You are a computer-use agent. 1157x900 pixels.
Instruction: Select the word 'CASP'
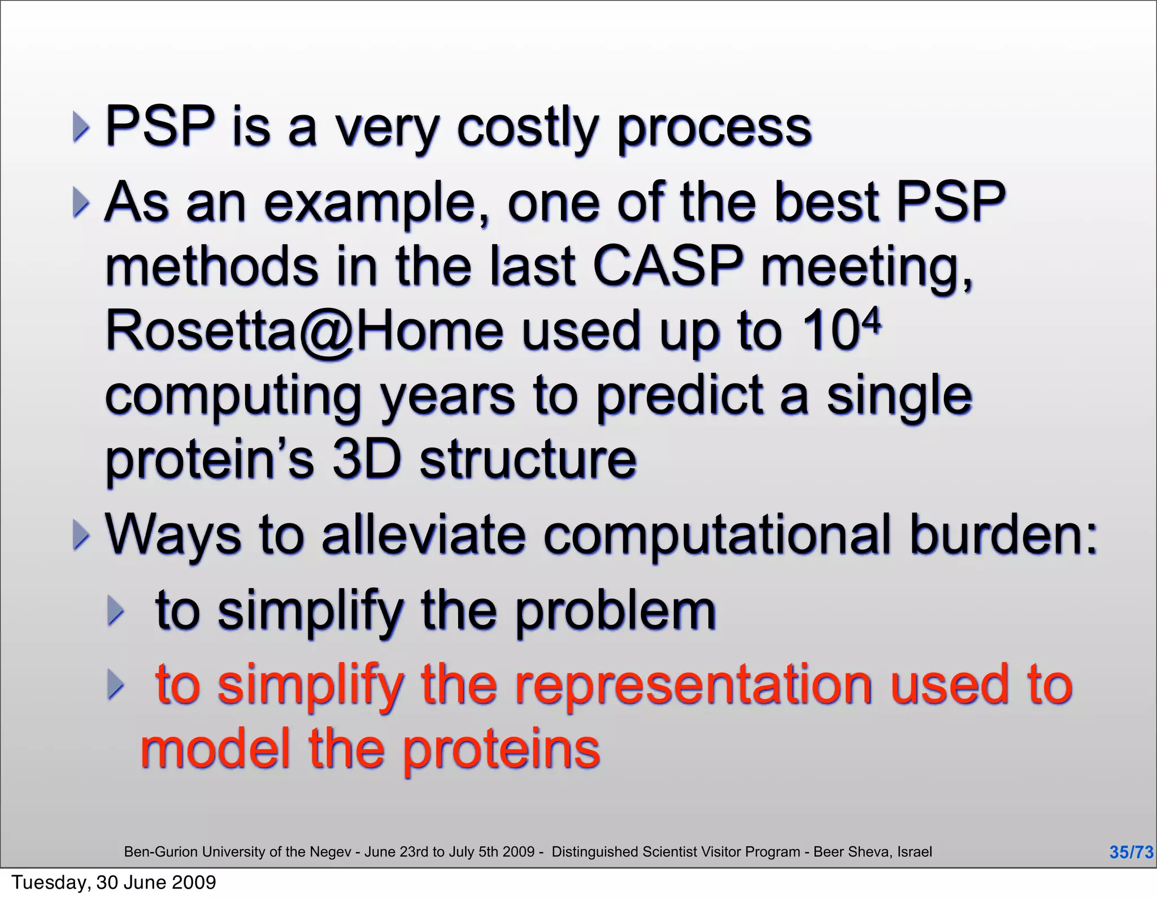[x=667, y=266]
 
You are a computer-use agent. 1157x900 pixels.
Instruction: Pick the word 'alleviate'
[x=423, y=534]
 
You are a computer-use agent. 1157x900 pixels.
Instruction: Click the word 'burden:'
[x=1003, y=534]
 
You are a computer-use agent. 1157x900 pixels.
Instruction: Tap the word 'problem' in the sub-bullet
[x=615, y=611]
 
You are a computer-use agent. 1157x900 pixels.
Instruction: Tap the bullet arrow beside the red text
[x=115, y=685]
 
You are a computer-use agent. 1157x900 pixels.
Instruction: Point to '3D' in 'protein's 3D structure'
[x=366, y=460]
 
